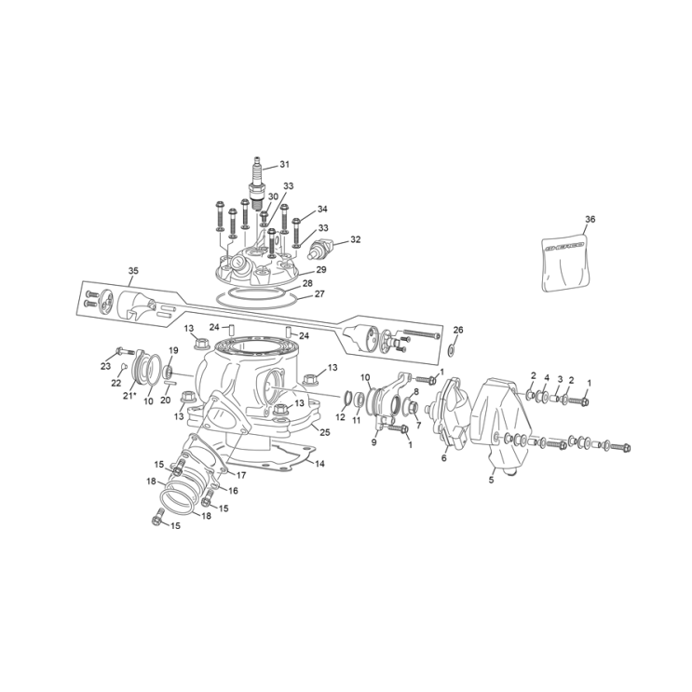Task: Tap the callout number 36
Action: [x=590, y=219]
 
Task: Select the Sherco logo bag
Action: [x=566, y=262]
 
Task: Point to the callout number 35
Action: [x=133, y=271]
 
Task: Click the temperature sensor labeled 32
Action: [x=321, y=249]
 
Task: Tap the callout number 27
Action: [x=319, y=293]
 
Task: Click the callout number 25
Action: [x=325, y=432]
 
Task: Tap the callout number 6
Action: [x=444, y=457]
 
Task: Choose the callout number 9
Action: [x=373, y=442]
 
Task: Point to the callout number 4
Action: [x=547, y=377]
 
